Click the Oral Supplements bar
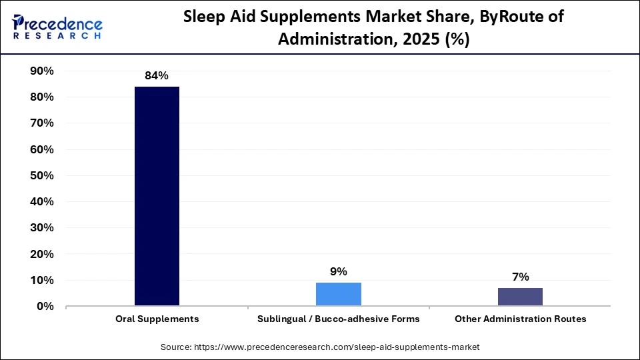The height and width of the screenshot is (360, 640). (x=157, y=197)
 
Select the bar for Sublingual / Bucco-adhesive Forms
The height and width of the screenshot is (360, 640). (x=339, y=294)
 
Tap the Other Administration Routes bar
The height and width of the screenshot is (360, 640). (x=520, y=297)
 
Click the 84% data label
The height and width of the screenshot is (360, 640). (x=157, y=76)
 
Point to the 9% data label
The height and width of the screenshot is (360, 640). (x=339, y=271)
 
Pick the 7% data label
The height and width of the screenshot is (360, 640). (x=520, y=277)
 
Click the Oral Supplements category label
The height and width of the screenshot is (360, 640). (x=157, y=319)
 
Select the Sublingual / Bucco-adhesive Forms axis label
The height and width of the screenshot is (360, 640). (x=339, y=319)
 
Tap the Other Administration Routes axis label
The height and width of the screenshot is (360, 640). (x=520, y=319)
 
